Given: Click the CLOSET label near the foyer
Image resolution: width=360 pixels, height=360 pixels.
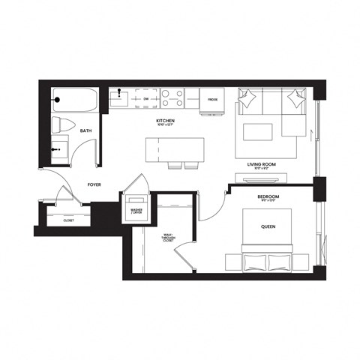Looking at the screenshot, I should (x=68, y=220).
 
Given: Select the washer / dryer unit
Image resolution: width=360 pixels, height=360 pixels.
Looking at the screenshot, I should (x=136, y=209).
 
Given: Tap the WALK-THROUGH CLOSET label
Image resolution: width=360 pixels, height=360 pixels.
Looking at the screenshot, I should (x=167, y=239).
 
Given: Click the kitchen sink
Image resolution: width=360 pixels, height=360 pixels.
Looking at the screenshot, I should (x=118, y=97).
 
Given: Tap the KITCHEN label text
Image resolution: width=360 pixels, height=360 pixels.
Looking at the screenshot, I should (x=165, y=120).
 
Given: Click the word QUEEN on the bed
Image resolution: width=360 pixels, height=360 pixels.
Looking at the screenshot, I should (x=268, y=226).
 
